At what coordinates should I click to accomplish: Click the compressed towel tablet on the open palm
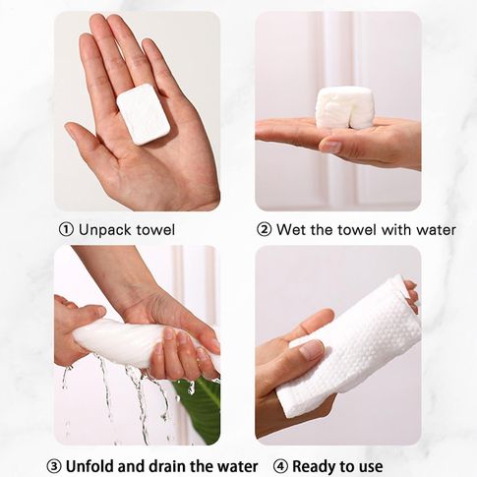[144, 114]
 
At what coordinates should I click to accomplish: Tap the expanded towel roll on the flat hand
[345, 107]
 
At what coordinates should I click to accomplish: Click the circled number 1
[66, 229]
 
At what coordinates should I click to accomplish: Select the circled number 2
[264, 229]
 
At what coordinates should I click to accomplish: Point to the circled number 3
[54, 466]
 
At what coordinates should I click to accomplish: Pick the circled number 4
[280, 466]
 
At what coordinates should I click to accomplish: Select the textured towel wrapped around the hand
[350, 347]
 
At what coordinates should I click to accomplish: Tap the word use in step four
[370, 467]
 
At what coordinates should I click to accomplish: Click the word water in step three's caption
[238, 466]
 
